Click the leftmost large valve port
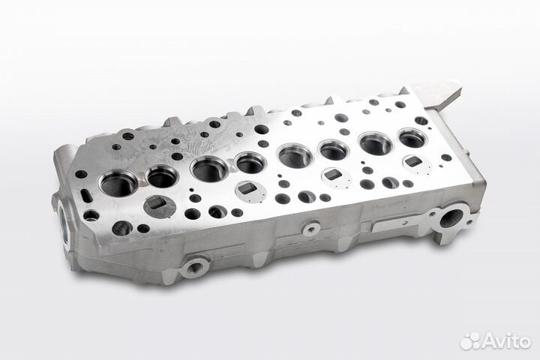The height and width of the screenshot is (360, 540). point(118,183)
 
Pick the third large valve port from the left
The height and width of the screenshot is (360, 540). point(209,169)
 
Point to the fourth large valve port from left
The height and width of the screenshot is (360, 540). point(250,162)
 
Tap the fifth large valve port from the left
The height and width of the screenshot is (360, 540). point(295,156)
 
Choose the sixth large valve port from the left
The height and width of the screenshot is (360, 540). point(334,151)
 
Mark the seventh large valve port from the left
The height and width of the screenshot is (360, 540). point(376,144)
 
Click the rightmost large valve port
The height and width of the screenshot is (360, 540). point(412,138)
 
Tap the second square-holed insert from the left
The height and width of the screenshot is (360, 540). point(245,190)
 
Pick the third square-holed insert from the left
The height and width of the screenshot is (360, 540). point(333,175)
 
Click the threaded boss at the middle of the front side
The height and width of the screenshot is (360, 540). point(309,227)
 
